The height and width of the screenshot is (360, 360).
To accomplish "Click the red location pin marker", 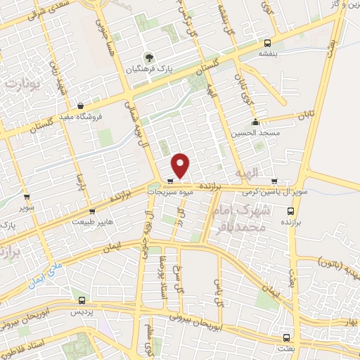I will [181, 165].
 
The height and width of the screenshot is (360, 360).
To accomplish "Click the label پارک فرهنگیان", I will [148, 68].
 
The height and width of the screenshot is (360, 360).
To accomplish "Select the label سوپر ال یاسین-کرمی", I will [284, 191].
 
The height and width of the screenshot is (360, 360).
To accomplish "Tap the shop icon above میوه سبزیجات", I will [170, 181].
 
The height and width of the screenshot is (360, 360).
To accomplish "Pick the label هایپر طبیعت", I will [91, 221].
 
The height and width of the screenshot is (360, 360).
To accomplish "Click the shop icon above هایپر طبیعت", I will [92, 210].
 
